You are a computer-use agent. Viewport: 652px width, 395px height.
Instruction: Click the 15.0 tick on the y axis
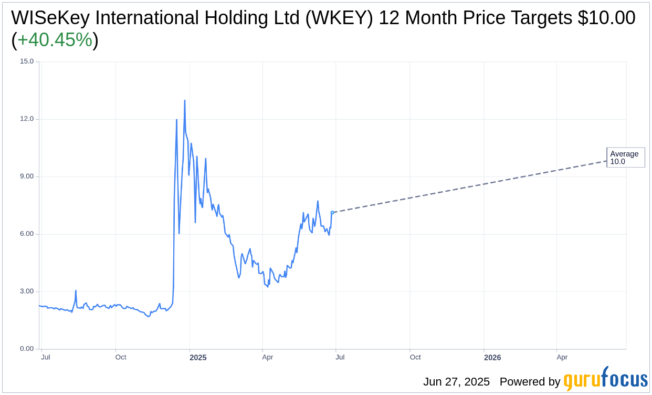[x=27, y=61]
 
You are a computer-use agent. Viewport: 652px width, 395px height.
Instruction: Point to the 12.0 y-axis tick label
[x=27, y=119]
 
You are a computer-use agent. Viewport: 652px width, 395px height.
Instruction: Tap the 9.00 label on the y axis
[x=27, y=176]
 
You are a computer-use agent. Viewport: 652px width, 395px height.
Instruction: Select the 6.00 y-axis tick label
[x=27, y=234]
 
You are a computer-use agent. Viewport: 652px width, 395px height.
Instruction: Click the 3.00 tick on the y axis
[x=27, y=292]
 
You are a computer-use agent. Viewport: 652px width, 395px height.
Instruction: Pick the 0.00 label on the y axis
[x=27, y=349]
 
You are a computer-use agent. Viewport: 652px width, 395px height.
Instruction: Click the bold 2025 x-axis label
[x=198, y=358]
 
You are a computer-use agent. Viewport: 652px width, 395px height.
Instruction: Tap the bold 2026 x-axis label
[x=492, y=358]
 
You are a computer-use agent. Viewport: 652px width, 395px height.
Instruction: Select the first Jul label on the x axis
[x=46, y=357]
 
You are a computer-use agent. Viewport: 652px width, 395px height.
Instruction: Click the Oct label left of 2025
[x=121, y=357]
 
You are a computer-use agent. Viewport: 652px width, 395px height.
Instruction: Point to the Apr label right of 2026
[x=562, y=357]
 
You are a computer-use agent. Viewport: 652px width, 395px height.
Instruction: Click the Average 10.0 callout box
[x=625, y=158]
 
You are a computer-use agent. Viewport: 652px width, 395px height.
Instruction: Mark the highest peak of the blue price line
[x=185, y=100]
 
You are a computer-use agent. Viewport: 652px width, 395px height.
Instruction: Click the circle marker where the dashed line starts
[x=332, y=212]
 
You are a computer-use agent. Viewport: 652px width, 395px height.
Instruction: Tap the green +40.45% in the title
[x=55, y=40]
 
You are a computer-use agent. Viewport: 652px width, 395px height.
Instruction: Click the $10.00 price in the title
[x=606, y=18]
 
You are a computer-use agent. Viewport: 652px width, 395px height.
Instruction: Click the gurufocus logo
[x=605, y=379]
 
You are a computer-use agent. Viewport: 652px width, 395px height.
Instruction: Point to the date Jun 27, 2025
[x=456, y=382]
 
